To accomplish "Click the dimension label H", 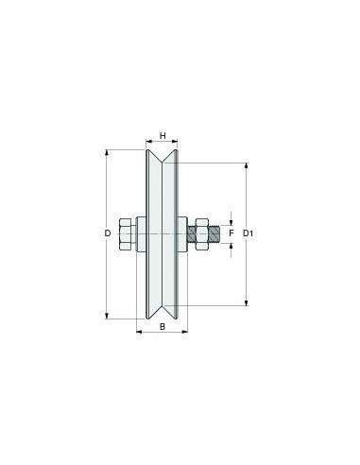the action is (x=163, y=136).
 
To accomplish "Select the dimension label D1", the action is (x=249, y=233).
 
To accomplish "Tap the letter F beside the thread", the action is (x=231, y=233).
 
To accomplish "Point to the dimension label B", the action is (x=163, y=327).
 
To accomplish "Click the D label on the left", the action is (x=108, y=233).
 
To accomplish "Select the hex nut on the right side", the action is (x=202, y=234).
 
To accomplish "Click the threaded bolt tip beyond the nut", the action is (x=214, y=234).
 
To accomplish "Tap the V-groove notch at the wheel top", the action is (x=162, y=157).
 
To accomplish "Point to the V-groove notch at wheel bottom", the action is (x=162, y=311).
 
